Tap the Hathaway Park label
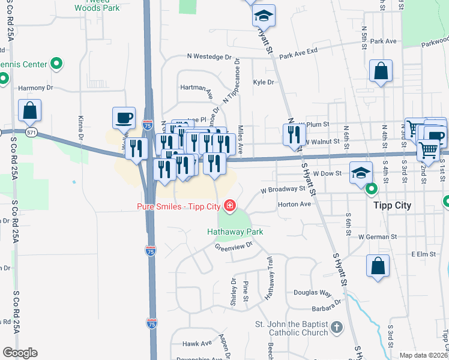click(235, 232)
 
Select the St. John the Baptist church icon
click(337, 328)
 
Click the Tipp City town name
click(390, 205)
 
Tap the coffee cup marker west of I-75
click(124, 118)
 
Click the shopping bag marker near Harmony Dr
click(29, 110)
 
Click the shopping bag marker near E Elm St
click(378, 266)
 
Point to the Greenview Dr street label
click(235, 246)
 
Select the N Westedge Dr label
click(209, 57)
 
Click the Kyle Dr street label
click(263, 82)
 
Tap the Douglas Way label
click(312, 293)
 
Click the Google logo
click(20, 353)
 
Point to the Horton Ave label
click(294, 204)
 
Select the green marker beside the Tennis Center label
click(56, 63)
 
